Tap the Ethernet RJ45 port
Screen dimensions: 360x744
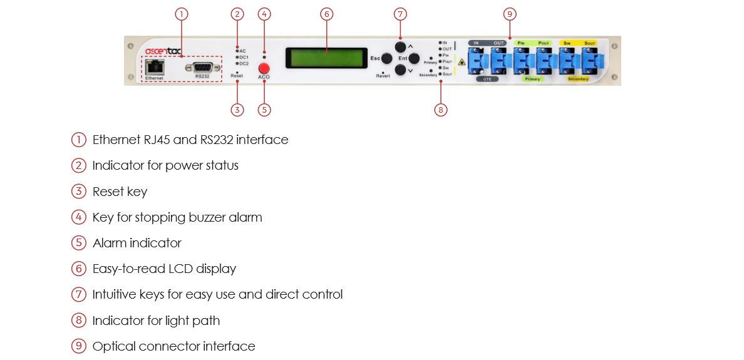[153, 67]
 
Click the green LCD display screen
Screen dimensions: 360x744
[326, 58]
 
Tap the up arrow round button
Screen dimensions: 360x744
[400, 46]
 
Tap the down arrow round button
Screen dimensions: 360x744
[400, 71]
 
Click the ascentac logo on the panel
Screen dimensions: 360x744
[163, 51]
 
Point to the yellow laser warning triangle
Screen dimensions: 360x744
[462, 62]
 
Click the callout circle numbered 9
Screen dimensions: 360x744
[510, 14]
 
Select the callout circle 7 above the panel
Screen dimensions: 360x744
[400, 14]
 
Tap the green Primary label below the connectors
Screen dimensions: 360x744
[532, 80]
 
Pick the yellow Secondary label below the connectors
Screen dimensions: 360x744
[578, 80]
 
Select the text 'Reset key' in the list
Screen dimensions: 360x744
[120, 192]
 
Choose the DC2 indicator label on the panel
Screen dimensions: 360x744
[244, 64]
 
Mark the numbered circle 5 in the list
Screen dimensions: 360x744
[78, 243]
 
